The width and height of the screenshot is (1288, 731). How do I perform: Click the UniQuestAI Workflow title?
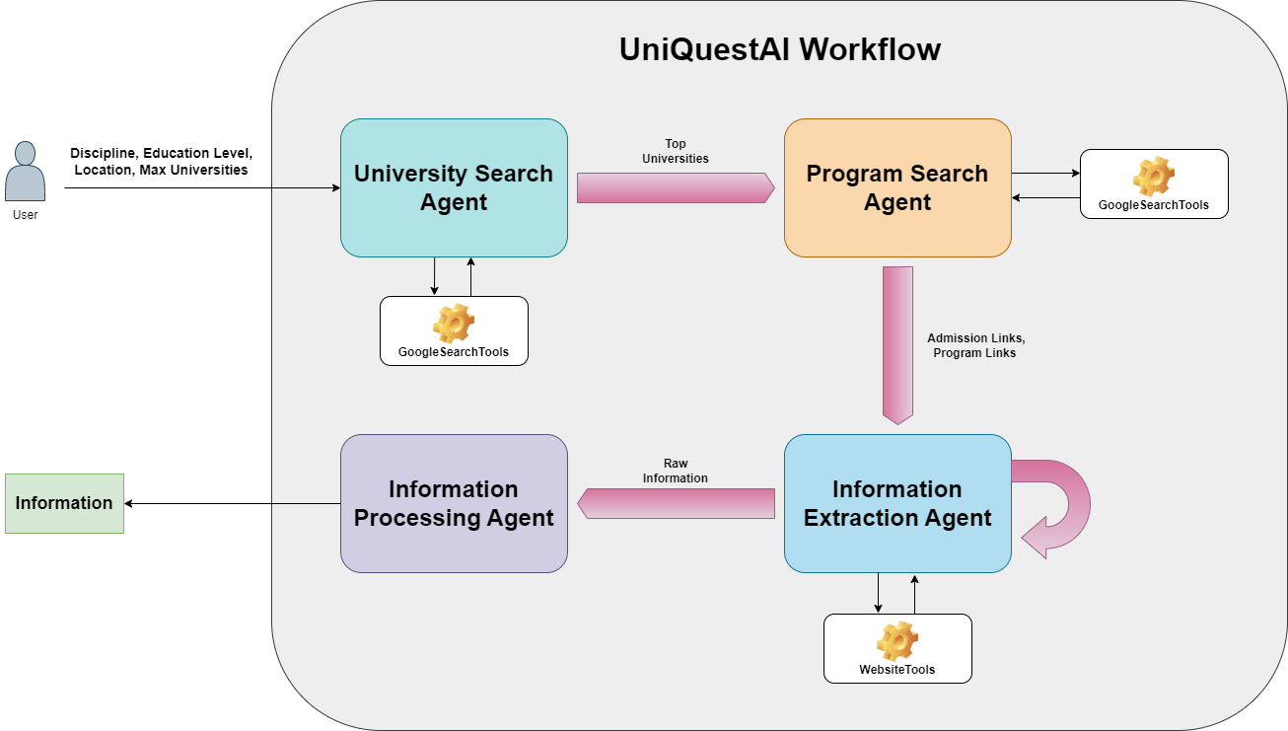click(779, 49)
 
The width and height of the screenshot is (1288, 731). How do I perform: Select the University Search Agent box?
click(454, 187)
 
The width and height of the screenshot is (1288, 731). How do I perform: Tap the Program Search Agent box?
click(897, 187)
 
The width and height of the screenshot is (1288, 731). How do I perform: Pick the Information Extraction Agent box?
click(897, 503)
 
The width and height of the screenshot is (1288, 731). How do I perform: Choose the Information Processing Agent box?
click(454, 503)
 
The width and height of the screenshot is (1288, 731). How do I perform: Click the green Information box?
click(64, 503)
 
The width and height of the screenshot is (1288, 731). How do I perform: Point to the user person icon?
click(26, 172)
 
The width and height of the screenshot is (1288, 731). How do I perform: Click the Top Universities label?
click(676, 151)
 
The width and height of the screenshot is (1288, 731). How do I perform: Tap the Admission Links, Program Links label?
click(975, 346)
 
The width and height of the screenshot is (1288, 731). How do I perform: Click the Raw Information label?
click(676, 471)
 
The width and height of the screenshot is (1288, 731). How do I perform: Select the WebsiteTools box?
click(897, 649)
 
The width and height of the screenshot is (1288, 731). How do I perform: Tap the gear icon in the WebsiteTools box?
click(897, 640)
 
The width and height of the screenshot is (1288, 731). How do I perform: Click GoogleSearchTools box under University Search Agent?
click(454, 331)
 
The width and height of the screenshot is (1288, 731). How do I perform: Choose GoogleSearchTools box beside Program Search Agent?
click(1154, 184)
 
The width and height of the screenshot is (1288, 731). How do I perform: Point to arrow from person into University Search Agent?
click(306, 187)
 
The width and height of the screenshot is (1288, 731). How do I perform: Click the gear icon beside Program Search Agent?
click(1154, 177)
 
